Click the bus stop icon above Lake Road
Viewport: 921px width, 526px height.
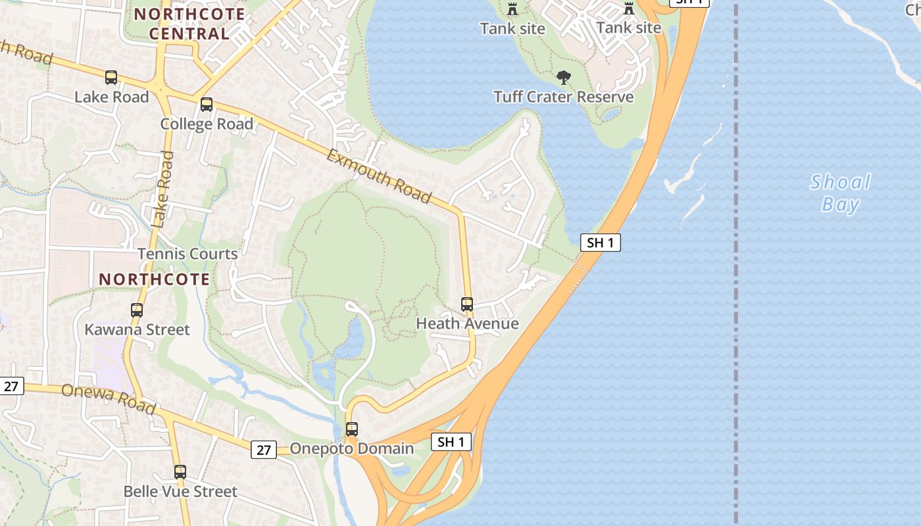[111, 78]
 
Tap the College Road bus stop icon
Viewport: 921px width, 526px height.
[207, 105]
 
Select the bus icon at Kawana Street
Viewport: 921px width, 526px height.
[137, 310]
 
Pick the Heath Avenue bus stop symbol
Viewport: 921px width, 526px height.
[467, 304]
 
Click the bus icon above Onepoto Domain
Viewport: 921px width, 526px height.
[352, 429]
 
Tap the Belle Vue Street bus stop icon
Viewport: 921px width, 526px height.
[180, 472]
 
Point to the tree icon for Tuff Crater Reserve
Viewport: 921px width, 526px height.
[563, 78]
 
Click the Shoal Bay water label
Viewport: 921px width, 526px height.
[841, 193]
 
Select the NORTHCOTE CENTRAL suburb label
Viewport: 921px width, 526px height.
[189, 24]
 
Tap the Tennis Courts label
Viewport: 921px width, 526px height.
[187, 254]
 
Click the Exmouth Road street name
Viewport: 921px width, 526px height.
[379, 177]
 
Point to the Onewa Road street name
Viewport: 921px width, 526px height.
[109, 399]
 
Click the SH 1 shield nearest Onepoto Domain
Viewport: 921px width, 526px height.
[451, 442]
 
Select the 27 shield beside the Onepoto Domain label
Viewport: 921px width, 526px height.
[263, 450]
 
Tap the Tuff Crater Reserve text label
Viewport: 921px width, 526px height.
[564, 97]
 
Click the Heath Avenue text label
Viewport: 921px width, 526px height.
[467, 323]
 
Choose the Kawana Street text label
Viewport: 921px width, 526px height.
[137, 329]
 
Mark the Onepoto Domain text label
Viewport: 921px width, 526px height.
[352, 449]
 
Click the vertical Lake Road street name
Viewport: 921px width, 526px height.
[162, 190]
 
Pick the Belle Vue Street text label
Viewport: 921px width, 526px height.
[180, 492]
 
